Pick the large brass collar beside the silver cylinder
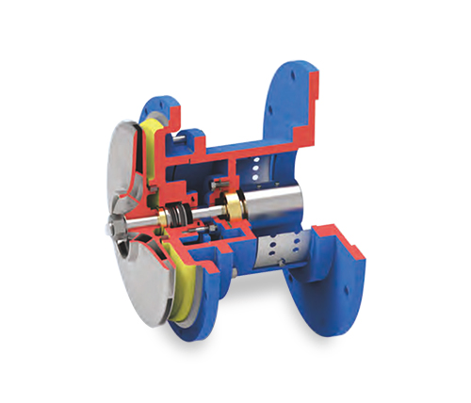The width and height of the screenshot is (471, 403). pyautogui.click(x=234, y=205)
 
